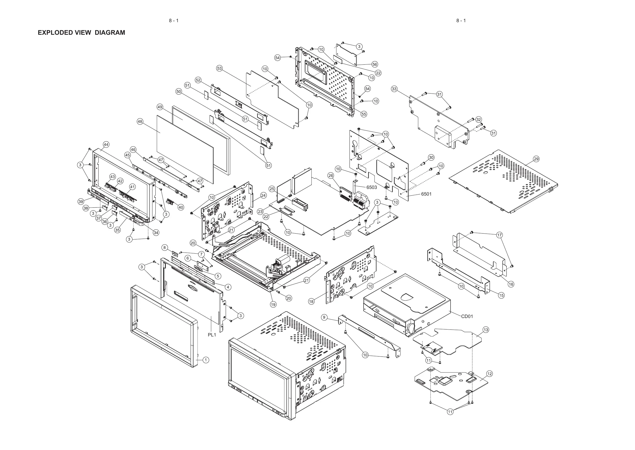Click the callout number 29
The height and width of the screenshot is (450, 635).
(536, 159)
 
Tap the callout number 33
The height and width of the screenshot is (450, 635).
(394, 89)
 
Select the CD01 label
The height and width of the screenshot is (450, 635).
(467, 316)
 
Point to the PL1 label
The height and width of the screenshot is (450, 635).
(212, 335)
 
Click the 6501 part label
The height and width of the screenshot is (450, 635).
(426, 194)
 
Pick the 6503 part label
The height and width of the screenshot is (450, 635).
(371, 187)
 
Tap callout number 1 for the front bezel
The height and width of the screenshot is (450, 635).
(206, 360)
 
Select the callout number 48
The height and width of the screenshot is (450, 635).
(140, 121)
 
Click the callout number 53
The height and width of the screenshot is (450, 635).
(220, 68)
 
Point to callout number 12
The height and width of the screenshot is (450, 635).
(490, 374)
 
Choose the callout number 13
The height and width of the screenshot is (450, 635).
(486, 330)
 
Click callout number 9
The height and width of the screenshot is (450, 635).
(324, 317)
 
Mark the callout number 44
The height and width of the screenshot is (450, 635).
(106, 144)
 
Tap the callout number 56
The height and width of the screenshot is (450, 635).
(375, 64)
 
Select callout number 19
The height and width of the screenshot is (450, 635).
(273, 305)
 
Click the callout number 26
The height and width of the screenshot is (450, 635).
(331, 175)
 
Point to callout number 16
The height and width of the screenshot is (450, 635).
(511, 284)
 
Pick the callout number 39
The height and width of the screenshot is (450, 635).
(81, 201)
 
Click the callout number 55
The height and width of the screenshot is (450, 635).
(364, 114)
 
